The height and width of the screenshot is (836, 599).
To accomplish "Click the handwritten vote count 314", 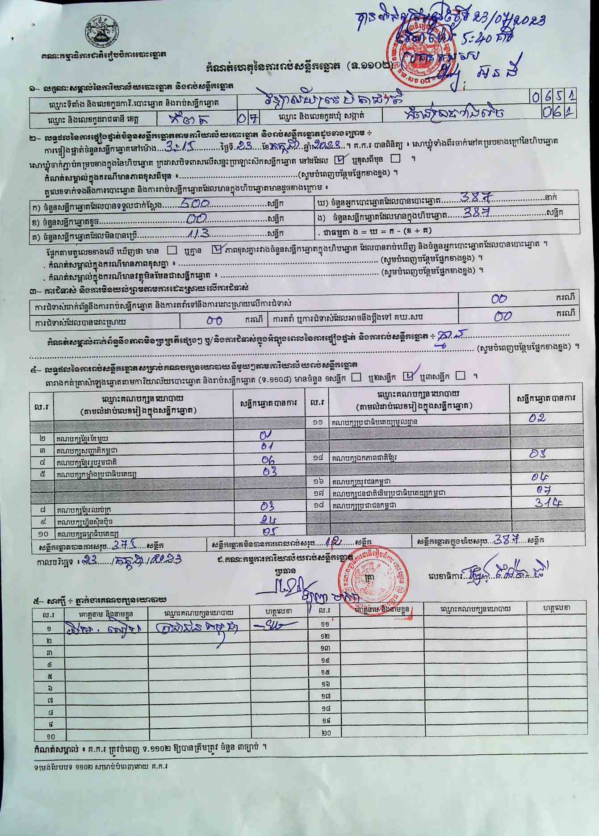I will point(548,502).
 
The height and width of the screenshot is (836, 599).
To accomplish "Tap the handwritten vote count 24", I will point(268,520).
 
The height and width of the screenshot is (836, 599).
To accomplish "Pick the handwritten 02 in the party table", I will point(537,418).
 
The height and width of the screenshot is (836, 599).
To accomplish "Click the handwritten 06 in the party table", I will point(268,460).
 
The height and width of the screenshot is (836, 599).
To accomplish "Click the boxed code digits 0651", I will point(553,96).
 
